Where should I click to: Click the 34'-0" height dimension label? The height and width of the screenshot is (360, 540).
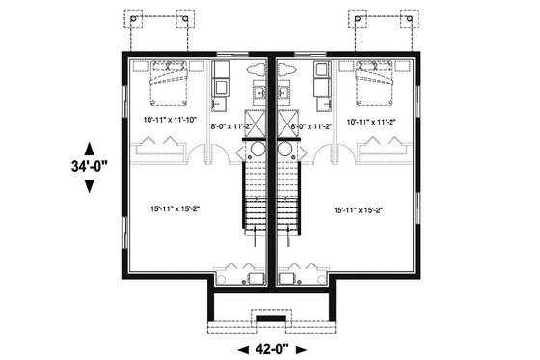coord(90,165)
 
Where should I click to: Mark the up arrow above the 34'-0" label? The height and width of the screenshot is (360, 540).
coord(90,146)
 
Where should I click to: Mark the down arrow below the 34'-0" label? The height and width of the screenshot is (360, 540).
coord(90,185)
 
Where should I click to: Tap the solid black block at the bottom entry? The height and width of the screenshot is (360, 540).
coord(271,319)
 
